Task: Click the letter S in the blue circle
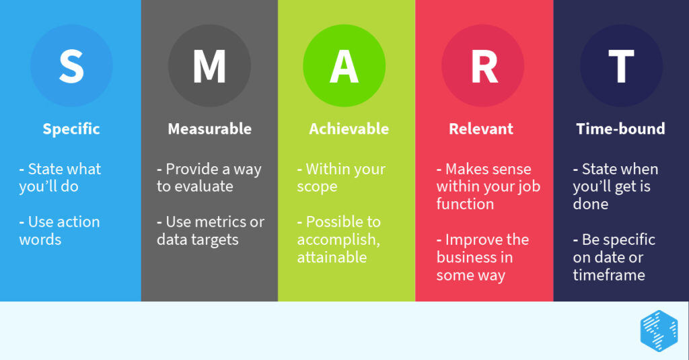pos(71,65)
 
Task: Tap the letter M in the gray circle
pos(209,65)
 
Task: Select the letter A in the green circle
pos(344,65)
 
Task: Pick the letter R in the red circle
pos(483,65)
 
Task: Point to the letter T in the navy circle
pos(620,65)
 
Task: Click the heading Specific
pos(71,129)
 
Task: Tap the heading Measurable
pos(209,129)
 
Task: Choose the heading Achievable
pos(349,129)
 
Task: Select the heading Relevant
pos(481,129)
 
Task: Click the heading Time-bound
pos(620,129)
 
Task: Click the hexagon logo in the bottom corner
pos(659,330)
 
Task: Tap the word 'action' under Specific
pos(74,222)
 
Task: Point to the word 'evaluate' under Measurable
pos(203,186)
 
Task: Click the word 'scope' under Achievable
pos(317,186)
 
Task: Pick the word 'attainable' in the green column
pos(332,257)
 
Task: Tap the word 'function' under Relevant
pos(465,204)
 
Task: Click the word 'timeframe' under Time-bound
pos(609,275)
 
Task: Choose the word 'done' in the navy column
pos(590,204)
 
